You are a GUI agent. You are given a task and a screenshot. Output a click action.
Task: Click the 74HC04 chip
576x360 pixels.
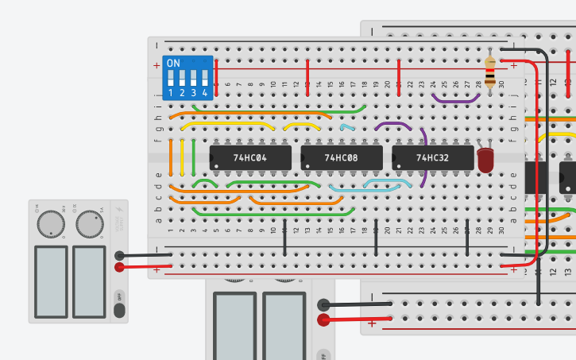point(249,158)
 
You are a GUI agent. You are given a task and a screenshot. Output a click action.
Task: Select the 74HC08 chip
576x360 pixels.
point(341,158)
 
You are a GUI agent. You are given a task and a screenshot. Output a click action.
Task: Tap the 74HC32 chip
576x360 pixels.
point(431,158)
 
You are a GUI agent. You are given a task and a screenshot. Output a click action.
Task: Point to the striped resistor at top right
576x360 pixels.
point(490,72)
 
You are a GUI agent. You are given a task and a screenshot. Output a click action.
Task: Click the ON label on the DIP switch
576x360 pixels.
point(173,63)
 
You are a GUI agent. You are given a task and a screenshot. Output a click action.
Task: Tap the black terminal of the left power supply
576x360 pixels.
point(119,256)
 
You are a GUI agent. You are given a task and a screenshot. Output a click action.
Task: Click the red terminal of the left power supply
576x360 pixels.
point(119,267)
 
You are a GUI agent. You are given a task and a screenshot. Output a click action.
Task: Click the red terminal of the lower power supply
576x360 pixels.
point(323,320)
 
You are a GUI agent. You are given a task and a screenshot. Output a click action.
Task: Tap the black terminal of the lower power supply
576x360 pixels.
point(323,304)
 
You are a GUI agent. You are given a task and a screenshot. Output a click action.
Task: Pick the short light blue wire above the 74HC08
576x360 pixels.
point(347,126)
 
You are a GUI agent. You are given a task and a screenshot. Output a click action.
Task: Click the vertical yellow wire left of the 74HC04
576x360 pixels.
point(183,157)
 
